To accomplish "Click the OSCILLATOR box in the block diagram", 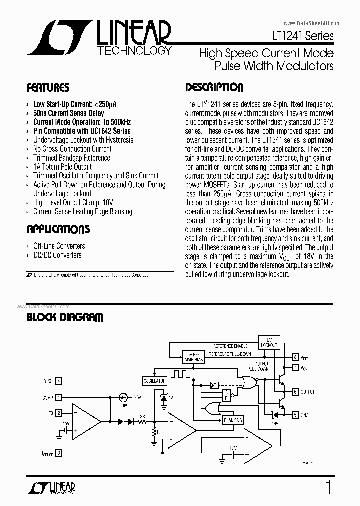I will (x=154, y=381).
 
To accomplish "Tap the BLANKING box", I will (x=232, y=420).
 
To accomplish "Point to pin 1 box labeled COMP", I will (x=59, y=398).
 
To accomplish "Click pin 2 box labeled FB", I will (x=59, y=413).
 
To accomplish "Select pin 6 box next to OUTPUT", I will (x=296, y=392).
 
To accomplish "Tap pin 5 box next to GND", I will (x=296, y=414).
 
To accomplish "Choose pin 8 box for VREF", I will (x=296, y=358).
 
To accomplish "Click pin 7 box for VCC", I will (x=296, y=368).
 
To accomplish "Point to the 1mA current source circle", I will (x=122, y=398).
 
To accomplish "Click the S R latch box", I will (x=227, y=395).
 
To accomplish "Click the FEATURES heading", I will (x=48, y=88).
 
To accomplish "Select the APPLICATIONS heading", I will (x=58, y=229).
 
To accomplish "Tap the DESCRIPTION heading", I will (x=214, y=87).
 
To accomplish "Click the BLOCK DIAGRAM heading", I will (x=65, y=317).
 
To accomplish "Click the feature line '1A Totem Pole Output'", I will (x=62, y=167).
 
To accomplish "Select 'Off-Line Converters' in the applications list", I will (x=59, y=246).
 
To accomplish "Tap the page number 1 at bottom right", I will (x=328, y=488).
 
